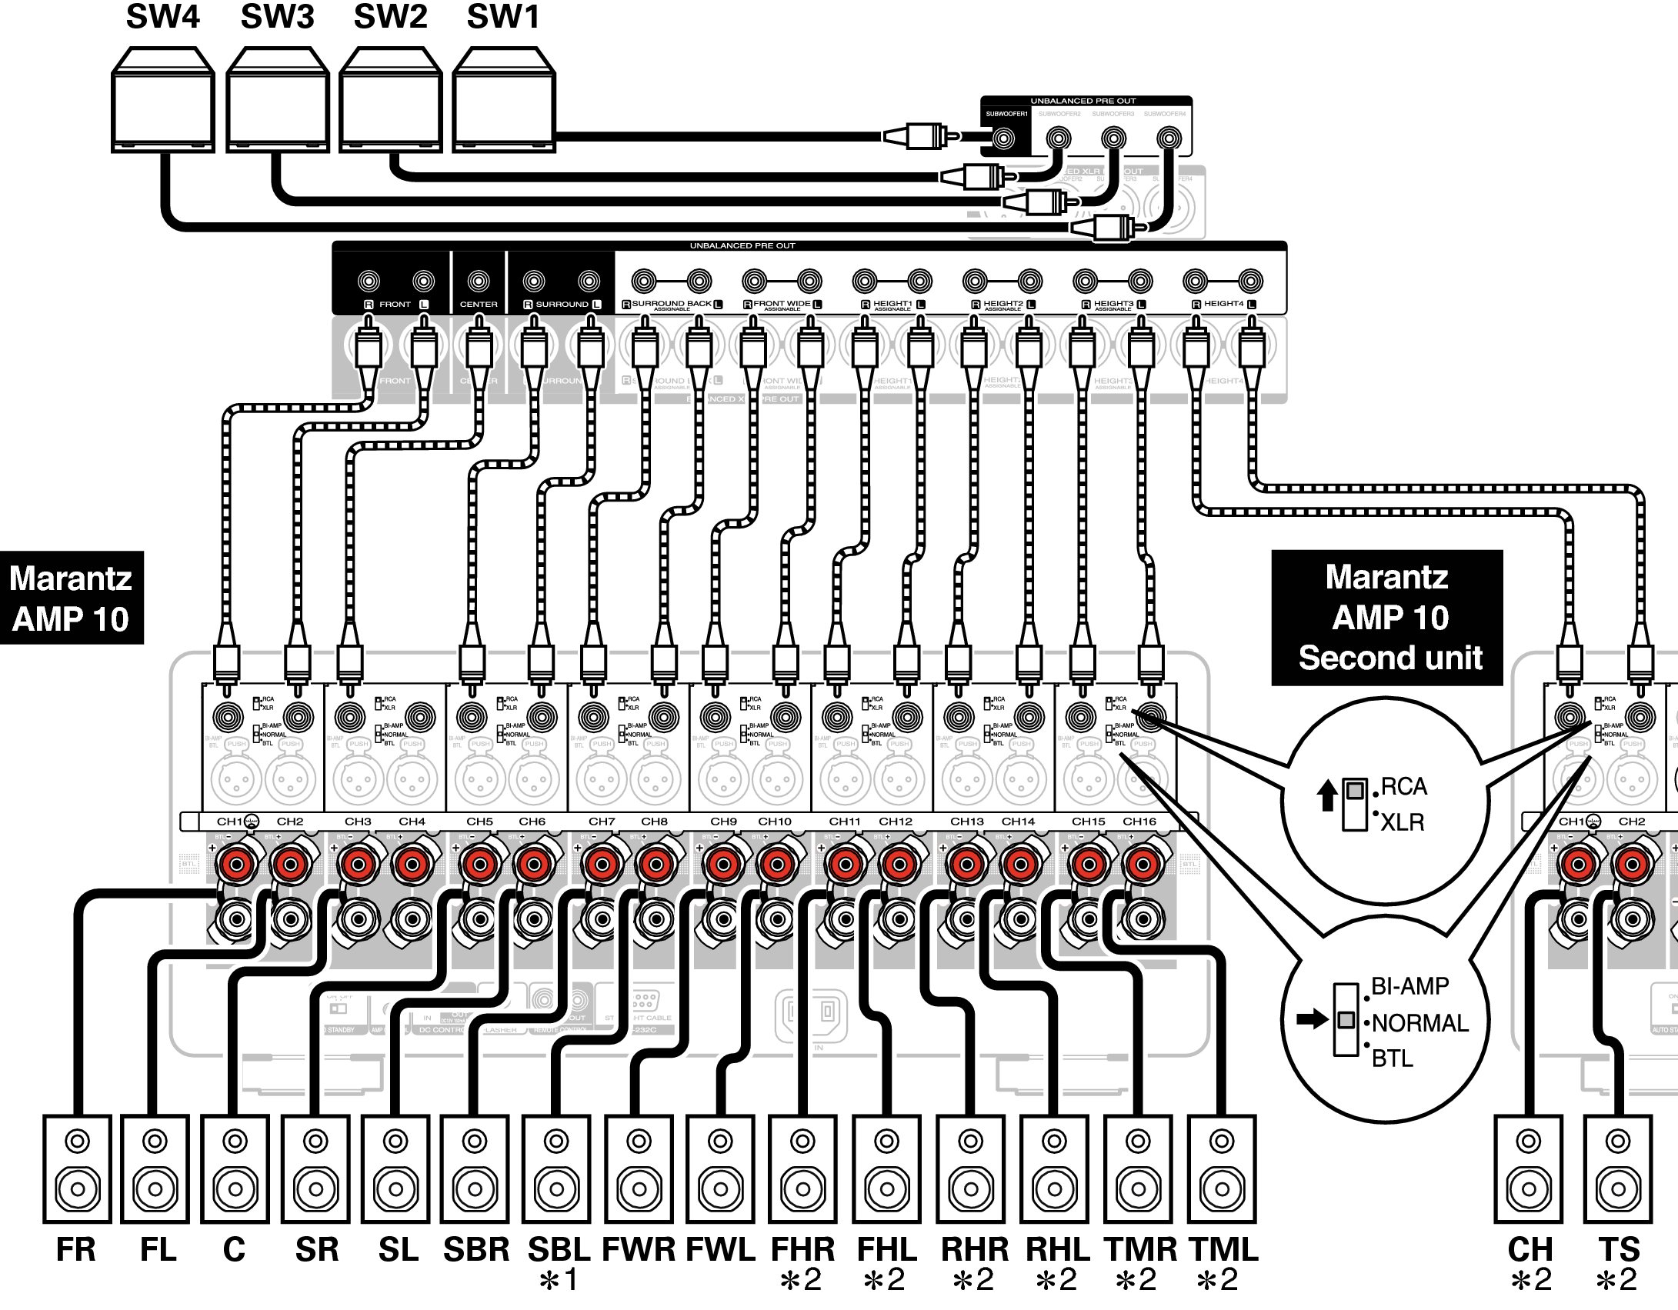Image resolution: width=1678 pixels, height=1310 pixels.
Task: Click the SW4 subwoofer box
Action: pyautogui.click(x=162, y=100)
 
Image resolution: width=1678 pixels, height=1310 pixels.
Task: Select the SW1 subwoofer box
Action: pyautogui.click(x=503, y=100)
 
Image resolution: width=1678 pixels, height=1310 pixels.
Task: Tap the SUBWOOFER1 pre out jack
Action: pyautogui.click(x=1002, y=139)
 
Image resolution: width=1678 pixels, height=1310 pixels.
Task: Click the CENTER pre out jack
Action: pyautogui.click(x=479, y=282)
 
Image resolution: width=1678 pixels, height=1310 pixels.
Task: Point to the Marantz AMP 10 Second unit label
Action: pyautogui.click(x=1386, y=618)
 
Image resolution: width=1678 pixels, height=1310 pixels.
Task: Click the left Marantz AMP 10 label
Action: pyautogui.click(x=71, y=598)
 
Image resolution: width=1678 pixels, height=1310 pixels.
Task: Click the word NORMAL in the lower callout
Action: pyautogui.click(x=1419, y=1023)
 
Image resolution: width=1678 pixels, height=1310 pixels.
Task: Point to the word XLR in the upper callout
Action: pyautogui.click(x=1402, y=822)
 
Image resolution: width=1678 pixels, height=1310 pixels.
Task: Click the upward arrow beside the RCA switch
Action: pyautogui.click(x=1326, y=795)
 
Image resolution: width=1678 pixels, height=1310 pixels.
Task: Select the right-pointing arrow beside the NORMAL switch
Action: pyautogui.click(x=1311, y=1020)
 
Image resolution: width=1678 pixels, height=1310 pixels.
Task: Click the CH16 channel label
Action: pyautogui.click(x=1139, y=822)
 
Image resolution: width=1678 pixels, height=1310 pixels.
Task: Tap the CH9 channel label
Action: pyautogui.click(x=723, y=822)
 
